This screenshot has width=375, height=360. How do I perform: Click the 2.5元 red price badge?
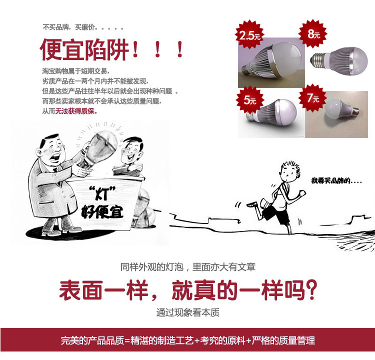point(249,35)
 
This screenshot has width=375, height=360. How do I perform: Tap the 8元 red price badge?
point(313,34)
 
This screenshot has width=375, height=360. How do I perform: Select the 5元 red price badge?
point(250,99)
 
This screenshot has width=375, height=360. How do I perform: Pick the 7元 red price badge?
point(312,97)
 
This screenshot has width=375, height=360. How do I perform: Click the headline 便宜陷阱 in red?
point(84,49)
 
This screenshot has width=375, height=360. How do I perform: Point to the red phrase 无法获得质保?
point(76,111)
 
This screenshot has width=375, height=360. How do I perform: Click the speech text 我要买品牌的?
point(331,180)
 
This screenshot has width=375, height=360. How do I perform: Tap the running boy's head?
point(290,171)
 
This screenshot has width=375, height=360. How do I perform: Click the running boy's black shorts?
point(276,214)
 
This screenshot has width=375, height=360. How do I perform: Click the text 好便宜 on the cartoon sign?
point(102,211)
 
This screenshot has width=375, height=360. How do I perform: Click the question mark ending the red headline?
point(311,290)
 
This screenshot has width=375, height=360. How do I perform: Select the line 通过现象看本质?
point(187,312)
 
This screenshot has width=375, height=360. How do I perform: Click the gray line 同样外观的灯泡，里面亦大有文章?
point(187,267)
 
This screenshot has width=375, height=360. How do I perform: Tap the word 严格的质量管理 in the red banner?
point(283,340)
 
